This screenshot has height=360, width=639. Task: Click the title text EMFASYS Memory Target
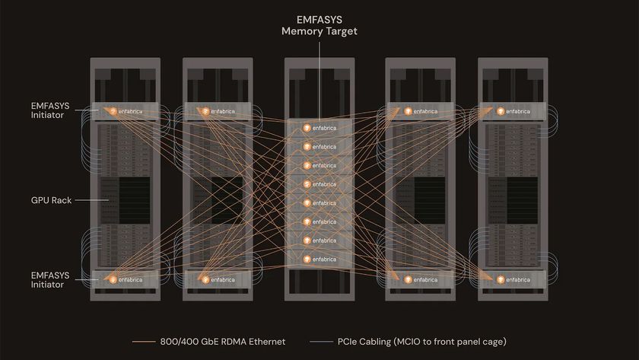[x=319, y=25]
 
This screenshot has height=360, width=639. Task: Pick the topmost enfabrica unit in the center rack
[x=319, y=128]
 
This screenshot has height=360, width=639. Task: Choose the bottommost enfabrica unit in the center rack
[x=319, y=260]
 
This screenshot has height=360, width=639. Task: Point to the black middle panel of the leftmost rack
[x=122, y=201]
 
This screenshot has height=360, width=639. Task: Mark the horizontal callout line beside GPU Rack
[x=86, y=201]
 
